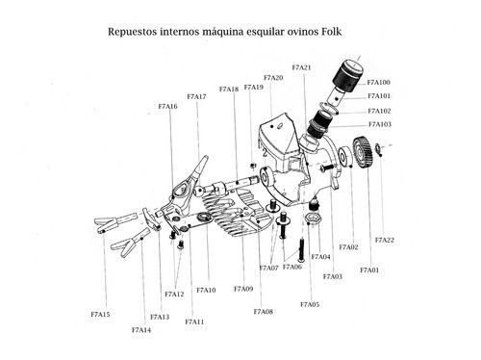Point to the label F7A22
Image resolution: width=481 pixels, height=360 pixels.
click(x=384, y=240)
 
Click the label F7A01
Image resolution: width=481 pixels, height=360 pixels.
click(x=369, y=270)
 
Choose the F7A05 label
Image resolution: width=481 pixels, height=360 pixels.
click(x=309, y=304)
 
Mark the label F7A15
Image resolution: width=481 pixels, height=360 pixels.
click(x=100, y=315)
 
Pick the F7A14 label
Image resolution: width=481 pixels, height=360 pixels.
click(x=141, y=330)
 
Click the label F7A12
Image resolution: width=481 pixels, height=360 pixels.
click(x=174, y=295)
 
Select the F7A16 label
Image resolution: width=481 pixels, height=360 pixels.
click(x=167, y=107)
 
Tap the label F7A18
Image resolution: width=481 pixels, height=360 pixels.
click(x=229, y=90)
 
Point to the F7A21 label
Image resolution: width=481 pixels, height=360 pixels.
click(x=300, y=67)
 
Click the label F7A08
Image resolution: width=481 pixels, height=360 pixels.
click(x=263, y=312)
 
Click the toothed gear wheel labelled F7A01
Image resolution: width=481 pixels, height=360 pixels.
click(x=364, y=152)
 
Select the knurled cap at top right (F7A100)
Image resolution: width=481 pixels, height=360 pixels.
click(x=348, y=74)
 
